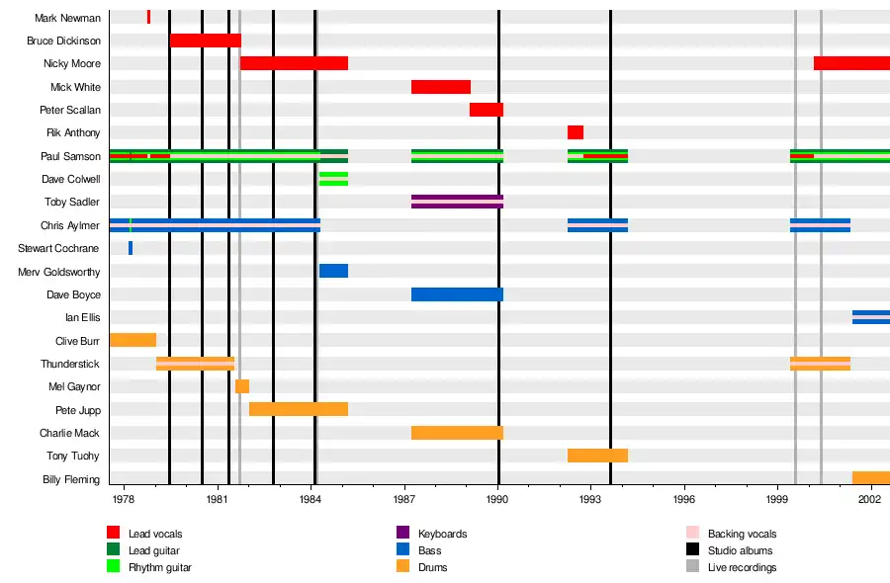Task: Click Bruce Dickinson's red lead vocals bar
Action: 206,41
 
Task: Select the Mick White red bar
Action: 440,87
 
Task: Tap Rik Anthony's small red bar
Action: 575,132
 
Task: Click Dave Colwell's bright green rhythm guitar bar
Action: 333,179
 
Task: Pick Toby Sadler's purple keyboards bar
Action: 457,202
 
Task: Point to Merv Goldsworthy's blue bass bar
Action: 333,271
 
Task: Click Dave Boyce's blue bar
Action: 457,294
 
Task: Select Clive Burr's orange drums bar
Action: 133,340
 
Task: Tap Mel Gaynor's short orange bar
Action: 242,386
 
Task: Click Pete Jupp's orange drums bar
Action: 298,409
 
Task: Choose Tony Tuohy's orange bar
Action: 597,456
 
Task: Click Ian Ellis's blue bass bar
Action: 870,317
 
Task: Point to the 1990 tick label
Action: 497,501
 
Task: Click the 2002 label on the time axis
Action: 870,501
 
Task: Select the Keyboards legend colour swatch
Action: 402,534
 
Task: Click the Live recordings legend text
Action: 742,567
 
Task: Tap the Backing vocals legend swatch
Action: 692,534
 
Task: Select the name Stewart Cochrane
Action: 58,248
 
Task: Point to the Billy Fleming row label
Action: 70,479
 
